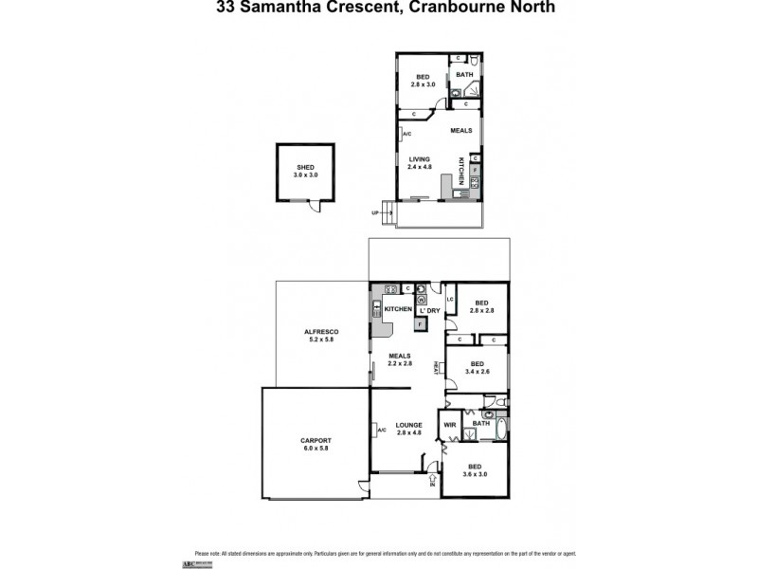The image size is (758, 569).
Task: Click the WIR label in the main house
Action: pyautogui.click(x=450, y=425)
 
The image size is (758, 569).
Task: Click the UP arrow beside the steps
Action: pyautogui.click(x=376, y=213)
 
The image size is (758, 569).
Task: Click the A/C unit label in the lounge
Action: pyautogui.click(x=381, y=431)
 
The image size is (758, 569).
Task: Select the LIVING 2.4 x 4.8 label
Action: pyautogui.click(x=420, y=163)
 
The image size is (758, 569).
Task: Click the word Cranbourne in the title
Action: pyautogui.click(x=449, y=7)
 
